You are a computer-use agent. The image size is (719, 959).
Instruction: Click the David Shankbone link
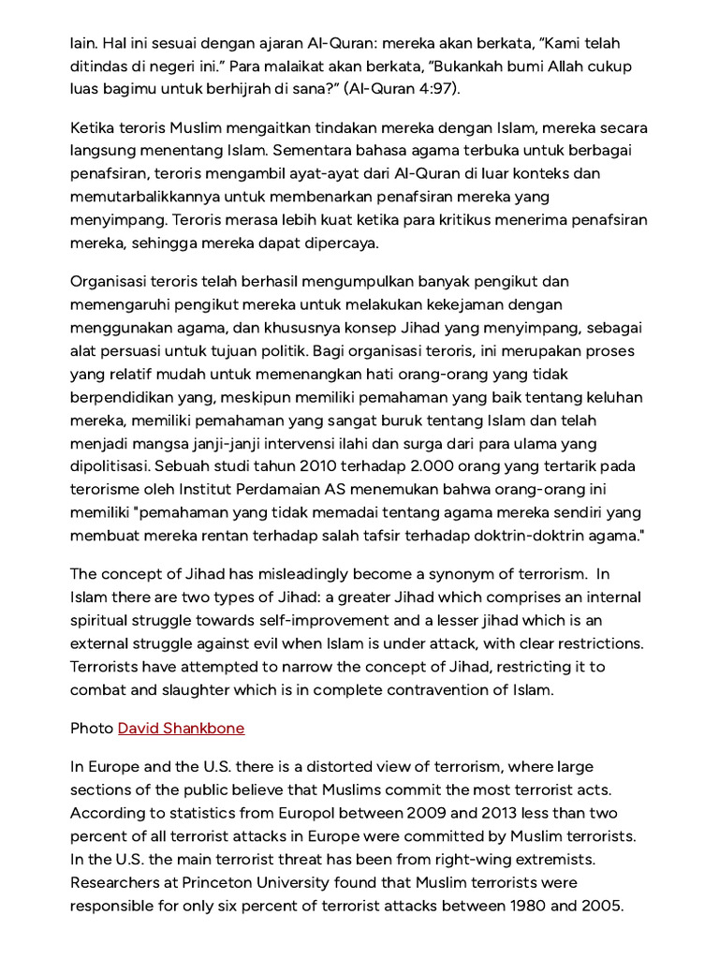(x=181, y=728)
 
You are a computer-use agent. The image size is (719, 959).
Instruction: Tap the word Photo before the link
(x=92, y=728)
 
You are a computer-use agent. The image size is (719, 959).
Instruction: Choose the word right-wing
(x=447, y=860)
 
